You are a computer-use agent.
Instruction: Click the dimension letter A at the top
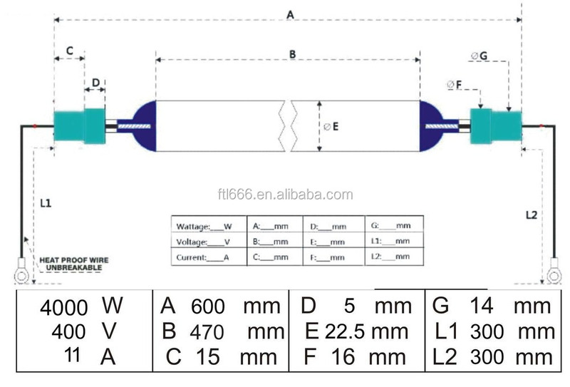coord(290,15)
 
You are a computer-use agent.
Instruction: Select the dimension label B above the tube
coord(293,55)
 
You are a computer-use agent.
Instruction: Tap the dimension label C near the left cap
coord(69,51)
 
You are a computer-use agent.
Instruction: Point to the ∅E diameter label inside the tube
coord(331,127)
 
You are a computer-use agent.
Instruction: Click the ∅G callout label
coord(479,56)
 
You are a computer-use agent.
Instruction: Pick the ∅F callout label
coord(455,85)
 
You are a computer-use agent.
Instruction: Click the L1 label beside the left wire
coord(46,203)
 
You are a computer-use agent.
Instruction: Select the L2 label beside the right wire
coord(532,215)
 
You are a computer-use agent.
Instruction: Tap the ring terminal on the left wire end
coord(21,271)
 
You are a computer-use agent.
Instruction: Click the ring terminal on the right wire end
coord(554,271)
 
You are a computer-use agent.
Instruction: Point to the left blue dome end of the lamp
coord(145,126)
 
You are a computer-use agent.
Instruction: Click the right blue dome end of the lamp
coord(432,126)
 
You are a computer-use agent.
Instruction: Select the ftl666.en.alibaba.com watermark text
coord(286,195)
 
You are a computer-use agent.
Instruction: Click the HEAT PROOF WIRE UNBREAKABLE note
coord(74,264)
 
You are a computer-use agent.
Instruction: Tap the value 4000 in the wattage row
coord(64,308)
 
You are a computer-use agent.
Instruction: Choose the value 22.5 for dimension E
coord(345,331)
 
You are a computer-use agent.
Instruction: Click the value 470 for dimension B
coord(207,332)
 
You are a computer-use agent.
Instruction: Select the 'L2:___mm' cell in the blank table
coord(394,257)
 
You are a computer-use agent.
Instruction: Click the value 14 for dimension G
coord(482,306)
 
